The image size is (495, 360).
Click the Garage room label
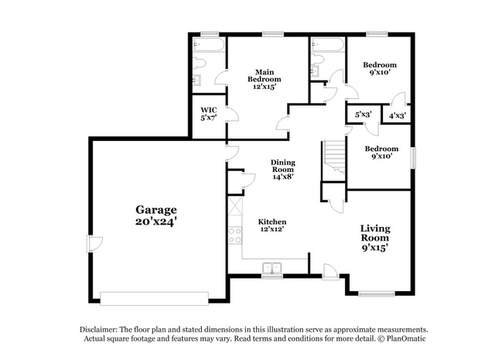pyautogui.click(x=156, y=210)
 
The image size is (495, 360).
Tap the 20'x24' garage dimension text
pyautogui.click(x=155, y=221)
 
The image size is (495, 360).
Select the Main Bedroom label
pyautogui.click(x=265, y=76)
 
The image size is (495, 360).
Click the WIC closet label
pyautogui.click(x=209, y=110)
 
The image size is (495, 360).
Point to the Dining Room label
pyautogui.click(x=283, y=166)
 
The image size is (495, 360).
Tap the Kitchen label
pyautogui.click(x=272, y=221)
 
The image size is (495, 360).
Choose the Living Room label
pyautogui.click(x=375, y=233)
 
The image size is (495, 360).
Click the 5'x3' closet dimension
pyautogui.click(x=363, y=115)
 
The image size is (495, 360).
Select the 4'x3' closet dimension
pyautogui.click(x=397, y=115)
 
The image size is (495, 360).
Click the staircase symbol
pyautogui.click(x=334, y=156)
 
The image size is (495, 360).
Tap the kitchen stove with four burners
pyautogui.click(x=235, y=235)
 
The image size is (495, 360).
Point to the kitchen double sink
pyautogui.click(x=272, y=268)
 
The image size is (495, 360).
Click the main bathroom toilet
pyautogui.click(x=199, y=63)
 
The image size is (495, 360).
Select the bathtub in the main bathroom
pyautogui.click(x=209, y=45)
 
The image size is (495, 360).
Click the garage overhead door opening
pyautogui.click(x=154, y=298)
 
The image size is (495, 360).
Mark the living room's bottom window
pyautogui.click(x=377, y=294)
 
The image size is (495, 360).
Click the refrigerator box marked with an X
pyautogui.click(x=235, y=206)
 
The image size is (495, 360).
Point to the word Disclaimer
pyautogui.click(x=98, y=329)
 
